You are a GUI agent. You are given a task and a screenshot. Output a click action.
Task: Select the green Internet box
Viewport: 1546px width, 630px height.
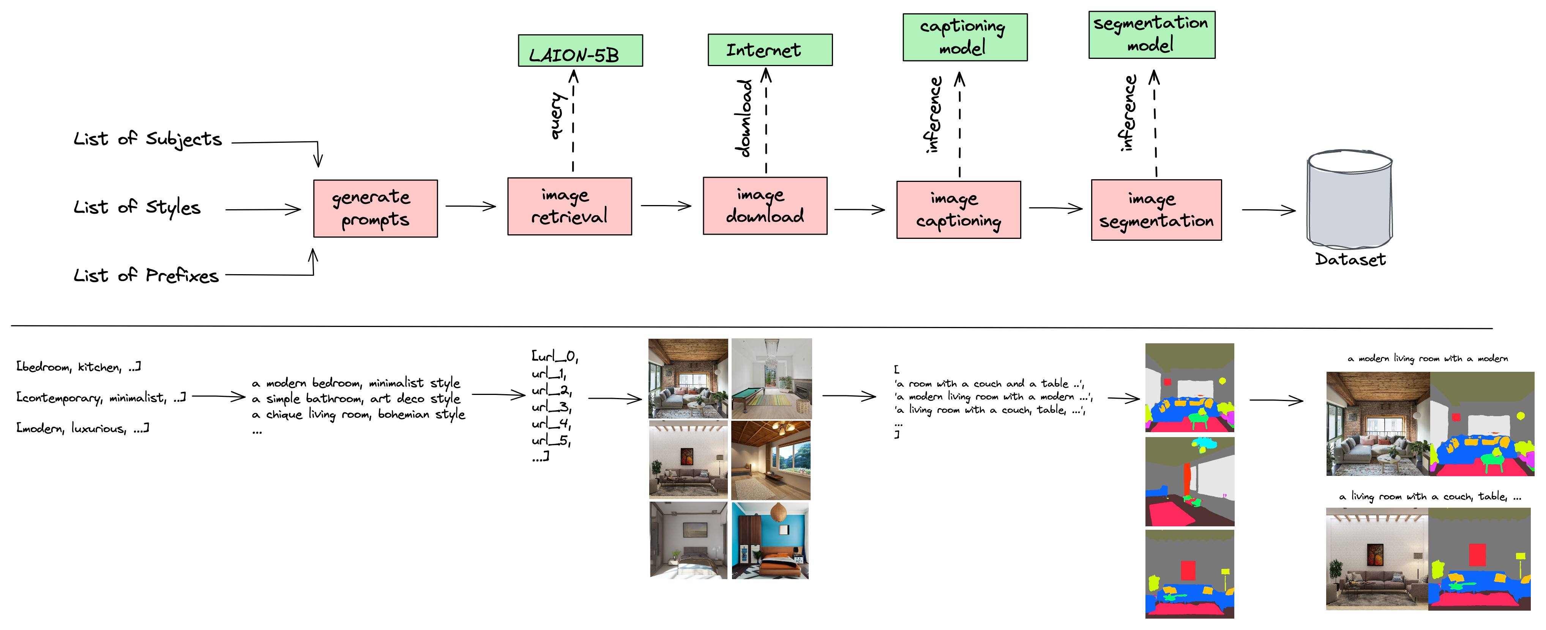[770, 49]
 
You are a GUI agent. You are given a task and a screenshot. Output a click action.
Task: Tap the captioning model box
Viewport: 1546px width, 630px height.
[965, 37]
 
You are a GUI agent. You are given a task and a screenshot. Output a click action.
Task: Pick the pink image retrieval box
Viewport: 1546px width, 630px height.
[569, 206]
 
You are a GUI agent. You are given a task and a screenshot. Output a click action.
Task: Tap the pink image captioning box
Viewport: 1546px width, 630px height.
[958, 209]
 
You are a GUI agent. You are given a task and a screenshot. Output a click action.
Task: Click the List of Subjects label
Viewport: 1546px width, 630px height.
[148, 139]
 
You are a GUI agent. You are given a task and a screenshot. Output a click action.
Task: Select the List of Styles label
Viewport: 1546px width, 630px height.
[137, 207]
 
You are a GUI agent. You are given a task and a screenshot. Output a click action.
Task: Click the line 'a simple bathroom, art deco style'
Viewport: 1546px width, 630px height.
[356, 398]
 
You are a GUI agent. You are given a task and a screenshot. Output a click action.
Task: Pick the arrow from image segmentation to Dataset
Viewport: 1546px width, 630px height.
[1269, 210]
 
